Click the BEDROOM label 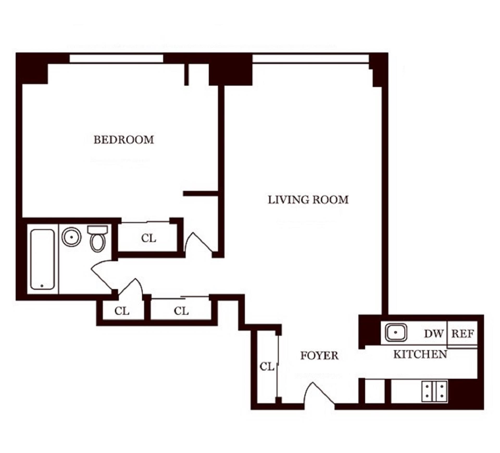124,140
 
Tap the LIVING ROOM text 308,200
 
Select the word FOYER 319,356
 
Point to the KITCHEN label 420,354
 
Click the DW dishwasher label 434,334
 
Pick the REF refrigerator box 463,334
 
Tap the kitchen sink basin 396,332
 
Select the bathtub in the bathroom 42,259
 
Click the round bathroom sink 71,237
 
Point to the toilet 98,239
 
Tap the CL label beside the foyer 267,367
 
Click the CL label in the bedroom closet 148,238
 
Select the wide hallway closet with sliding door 181,311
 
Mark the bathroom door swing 103,275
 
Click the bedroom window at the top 116,58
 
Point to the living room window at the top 310,58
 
